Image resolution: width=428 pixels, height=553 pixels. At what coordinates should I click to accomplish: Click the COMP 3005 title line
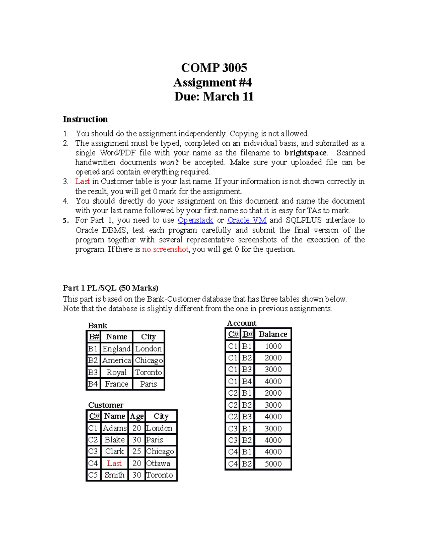pyautogui.click(x=214, y=68)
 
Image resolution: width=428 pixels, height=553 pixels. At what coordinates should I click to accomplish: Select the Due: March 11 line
pyautogui.click(x=214, y=96)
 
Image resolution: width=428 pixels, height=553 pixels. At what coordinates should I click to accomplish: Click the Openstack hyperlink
pyautogui.click(x=195, y=220)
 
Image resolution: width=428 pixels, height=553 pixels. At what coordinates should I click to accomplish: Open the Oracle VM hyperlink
pyautogui.click(x=247, y=220)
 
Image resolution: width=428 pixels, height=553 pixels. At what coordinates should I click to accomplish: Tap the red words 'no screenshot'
pyautogui.click(x=165, y=249)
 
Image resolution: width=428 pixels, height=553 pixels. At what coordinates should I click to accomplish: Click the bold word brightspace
pyautogui.click(x=305, y=153)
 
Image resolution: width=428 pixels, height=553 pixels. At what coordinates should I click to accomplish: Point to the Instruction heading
pyautogui.click(x=85, y=119)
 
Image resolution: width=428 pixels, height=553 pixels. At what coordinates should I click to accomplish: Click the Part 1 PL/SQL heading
pyautogui.click(x=111, y=288)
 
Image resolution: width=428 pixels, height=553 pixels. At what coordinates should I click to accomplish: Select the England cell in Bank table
pyautogui.click(x=116, y=349)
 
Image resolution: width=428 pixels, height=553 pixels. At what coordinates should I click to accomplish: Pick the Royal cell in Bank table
pyautogui.click(x=116, y=372)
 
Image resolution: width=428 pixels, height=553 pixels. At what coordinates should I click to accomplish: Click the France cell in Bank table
pyautogui.click(x=116, y=384)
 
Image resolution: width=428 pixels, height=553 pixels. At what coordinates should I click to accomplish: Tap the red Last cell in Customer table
pyautogui.click(x=114, y=463)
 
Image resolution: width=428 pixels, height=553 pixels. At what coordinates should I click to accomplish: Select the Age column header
pyautogui.click(x=137, y=416)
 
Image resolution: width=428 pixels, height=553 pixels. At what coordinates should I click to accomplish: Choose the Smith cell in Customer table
pyautogui.click(x=114, y=475)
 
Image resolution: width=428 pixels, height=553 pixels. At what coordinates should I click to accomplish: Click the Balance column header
pyautogui.click(x=273, y=334)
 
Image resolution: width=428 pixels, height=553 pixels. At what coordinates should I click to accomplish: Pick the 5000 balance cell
pyautogui.click(x=273, y=464)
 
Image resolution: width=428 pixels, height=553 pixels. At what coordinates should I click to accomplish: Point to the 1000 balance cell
pyautogui.click(x=273, y=346)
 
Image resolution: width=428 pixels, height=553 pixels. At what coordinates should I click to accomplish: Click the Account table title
pyautogui.click(x=241, y=323)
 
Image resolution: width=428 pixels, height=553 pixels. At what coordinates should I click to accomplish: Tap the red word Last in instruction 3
pyautogui.click(x=82, y=182)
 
